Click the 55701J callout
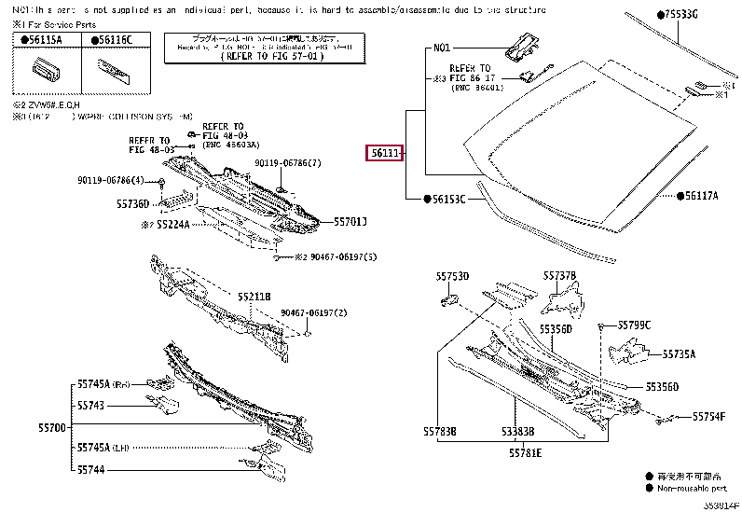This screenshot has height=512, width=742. (350, 221)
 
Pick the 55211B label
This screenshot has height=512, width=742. (254, 297)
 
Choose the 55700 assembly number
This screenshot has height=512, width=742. (52, 426)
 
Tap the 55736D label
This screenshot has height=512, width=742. (132, 203)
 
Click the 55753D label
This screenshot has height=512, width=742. (452, 276)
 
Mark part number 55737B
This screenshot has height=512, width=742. (560, 276)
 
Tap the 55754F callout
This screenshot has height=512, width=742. (709, 416)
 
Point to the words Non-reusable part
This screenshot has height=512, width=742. (692, 487)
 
